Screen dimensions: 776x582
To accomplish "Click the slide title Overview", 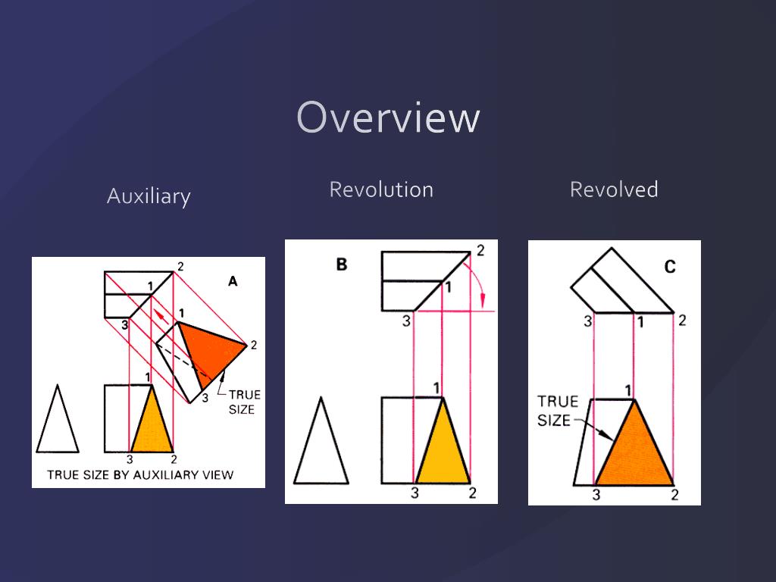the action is point(388,118).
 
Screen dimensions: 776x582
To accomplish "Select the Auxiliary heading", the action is point(149,196).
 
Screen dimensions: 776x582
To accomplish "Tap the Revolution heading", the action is point(381,189).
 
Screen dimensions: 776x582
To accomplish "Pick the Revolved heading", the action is point(614,189).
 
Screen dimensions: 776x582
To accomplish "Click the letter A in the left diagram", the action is point(233,281).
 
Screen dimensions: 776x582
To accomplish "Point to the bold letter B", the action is point(341,264).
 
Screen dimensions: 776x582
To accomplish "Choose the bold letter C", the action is point(670,267).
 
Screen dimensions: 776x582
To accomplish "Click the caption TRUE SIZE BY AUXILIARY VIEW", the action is point(140,475).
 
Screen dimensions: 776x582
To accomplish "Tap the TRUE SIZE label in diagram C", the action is point(558,410).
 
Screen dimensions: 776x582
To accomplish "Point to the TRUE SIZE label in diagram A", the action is point(244,402).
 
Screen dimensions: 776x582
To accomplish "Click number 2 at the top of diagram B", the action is point(480,250).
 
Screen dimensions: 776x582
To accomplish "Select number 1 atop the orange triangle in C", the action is point(628,390).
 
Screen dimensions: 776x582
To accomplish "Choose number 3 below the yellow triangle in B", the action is point(415,493).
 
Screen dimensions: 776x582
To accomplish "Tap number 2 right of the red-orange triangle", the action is point(254,345).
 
